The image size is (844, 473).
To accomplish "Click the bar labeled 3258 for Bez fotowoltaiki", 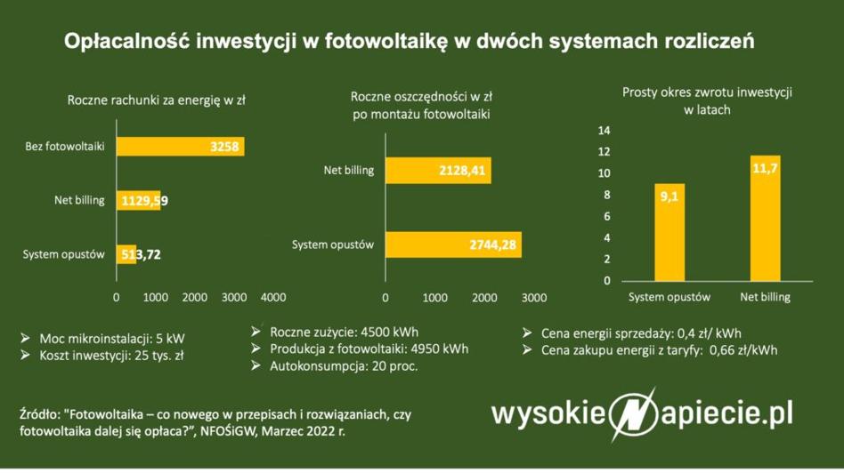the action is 181,147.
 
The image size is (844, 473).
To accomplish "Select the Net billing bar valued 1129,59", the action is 138,200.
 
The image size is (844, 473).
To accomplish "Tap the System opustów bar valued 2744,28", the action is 453,245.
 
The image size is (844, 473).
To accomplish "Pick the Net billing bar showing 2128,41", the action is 438,171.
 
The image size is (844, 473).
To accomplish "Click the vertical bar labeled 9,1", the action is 670,232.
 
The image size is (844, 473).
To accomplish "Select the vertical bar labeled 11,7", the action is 765,218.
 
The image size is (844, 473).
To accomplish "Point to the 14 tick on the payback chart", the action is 604,131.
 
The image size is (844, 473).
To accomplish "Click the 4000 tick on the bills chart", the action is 273,297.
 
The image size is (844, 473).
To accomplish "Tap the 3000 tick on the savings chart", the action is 534,298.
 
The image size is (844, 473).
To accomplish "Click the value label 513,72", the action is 141,254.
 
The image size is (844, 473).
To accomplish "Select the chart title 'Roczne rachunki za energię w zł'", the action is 156,100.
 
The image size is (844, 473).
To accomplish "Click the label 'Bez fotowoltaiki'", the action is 65,146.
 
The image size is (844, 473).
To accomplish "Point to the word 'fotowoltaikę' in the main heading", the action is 385,42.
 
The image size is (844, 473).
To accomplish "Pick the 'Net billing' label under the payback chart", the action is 765,297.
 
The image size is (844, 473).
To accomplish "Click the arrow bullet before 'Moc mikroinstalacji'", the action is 25,338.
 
